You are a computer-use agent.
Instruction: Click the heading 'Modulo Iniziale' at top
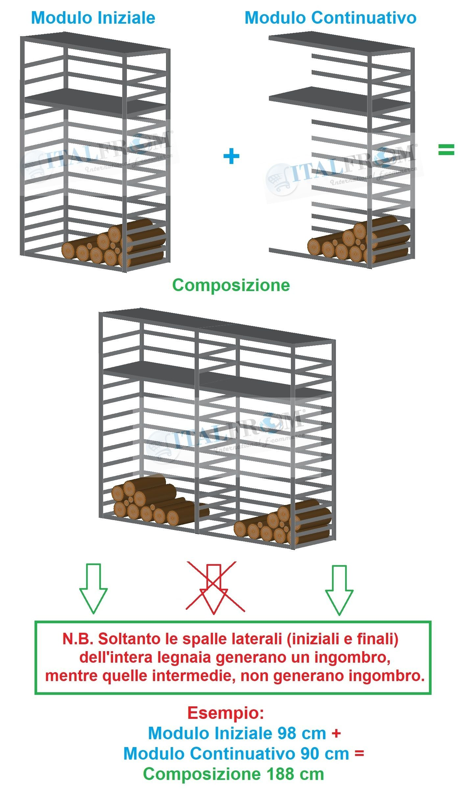point(93,18)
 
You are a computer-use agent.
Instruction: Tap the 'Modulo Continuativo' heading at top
point(330,18)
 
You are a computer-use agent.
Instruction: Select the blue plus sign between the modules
point(231,156)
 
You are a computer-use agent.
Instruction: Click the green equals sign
point(446,150)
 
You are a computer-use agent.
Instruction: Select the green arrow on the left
point(93,588)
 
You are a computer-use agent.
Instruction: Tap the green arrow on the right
point(339,590)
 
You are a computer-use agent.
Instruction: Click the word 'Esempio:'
point(226,713)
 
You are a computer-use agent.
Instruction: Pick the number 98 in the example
point(288,733)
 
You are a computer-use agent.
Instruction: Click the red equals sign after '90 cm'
point(359,754)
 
